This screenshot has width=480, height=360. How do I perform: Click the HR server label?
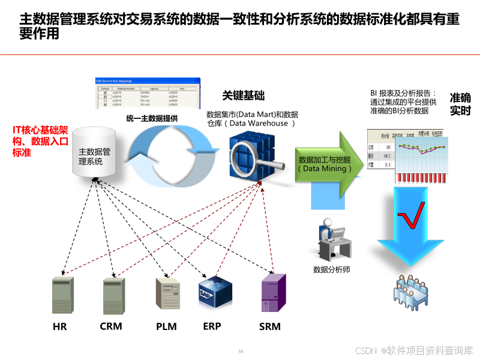60,327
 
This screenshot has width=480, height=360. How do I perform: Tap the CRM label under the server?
111,326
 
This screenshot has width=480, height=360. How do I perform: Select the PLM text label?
167,327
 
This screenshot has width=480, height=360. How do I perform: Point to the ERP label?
212,326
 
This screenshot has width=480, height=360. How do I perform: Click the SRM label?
270,327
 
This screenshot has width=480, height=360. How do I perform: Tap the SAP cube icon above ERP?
215,292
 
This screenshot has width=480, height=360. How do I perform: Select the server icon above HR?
62,296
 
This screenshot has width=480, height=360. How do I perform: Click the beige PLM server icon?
167,294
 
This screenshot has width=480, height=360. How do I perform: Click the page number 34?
241,351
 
